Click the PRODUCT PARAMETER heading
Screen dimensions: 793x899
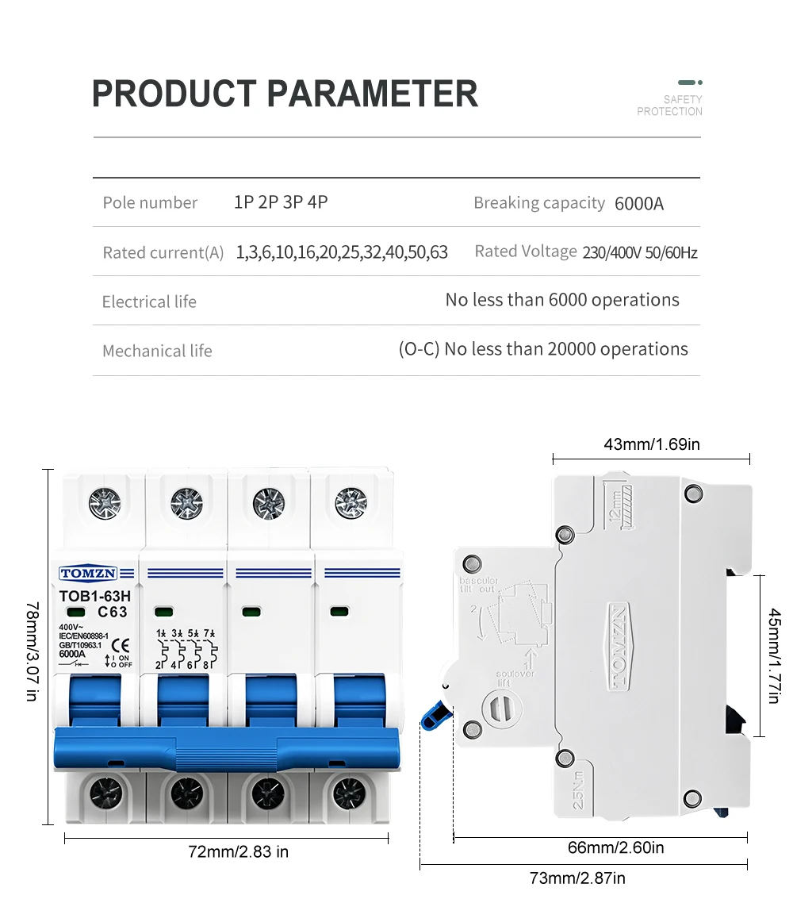pos(285,94)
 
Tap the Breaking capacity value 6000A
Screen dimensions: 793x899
pos(639,204)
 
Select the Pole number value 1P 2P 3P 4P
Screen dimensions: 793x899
pos(281,202)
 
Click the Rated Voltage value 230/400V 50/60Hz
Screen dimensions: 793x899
pos(640,253)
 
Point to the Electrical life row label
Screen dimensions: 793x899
pos(149,302)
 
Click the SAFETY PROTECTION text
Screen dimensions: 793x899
pos(670,106)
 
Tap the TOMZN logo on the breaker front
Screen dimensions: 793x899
pos(88,573)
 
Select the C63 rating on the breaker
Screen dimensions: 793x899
pos(113,612)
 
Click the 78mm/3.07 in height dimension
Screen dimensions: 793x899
pos(32,651)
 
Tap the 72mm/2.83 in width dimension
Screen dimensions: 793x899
pos(238,852)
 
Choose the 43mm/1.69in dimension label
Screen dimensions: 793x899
pos(652,444)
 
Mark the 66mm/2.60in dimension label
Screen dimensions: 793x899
pos(616,848)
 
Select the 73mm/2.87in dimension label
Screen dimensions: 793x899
pos(577,878)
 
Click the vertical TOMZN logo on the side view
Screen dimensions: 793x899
pos(619,644)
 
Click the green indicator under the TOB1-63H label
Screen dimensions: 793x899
pos(77,612)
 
